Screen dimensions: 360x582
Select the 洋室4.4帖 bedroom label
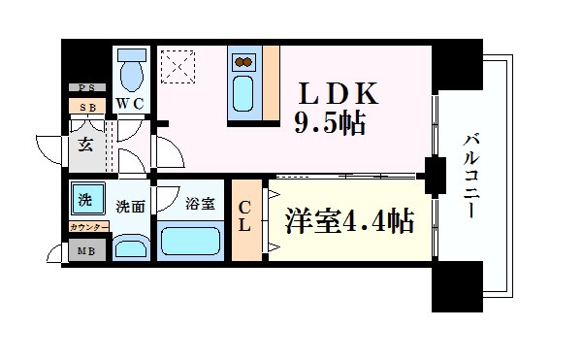pyautogui.click(x=349, y=221)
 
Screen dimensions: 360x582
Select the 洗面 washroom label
pyautogui.click(x=130, y=207)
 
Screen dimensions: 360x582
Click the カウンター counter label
pyautogui.click(x=88, y=227)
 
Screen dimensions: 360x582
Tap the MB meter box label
pyautogui.click(x=85, y=251)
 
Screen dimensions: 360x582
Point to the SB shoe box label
pyautogui.click(x=87, y=107)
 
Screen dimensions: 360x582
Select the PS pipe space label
pyautogui.click(x=86, y=87)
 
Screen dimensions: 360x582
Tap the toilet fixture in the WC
pyautogui.click(x=129, y=70)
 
